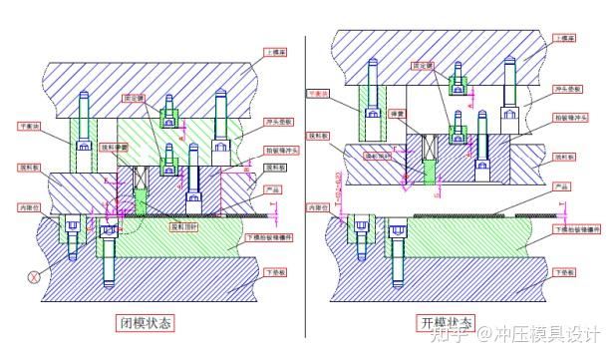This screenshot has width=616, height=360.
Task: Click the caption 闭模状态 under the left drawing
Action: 146,323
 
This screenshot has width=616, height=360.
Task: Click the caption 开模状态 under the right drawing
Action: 447,323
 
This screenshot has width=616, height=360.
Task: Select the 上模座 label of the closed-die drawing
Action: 277,51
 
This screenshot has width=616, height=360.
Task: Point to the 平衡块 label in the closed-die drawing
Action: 31,127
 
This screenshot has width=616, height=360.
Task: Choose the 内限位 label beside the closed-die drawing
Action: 31,207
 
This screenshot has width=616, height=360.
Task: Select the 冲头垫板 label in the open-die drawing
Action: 567,89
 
